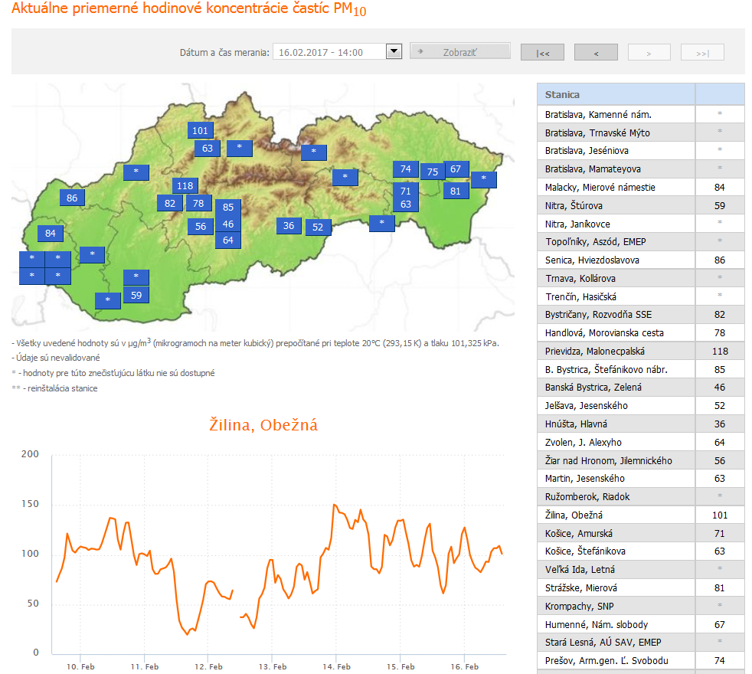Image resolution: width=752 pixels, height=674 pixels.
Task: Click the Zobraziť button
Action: click(459, 52)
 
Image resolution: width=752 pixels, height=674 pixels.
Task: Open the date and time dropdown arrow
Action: click(394, 52)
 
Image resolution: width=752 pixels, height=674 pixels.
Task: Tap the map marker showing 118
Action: click(185, 185)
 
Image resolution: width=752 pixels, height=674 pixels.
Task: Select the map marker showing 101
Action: click(200, 130)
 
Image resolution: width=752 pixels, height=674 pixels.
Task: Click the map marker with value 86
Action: click(72, 198)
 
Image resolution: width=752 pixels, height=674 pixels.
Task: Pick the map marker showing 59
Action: click(136, 295)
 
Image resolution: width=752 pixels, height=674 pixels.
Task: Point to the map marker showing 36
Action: click(289, 226)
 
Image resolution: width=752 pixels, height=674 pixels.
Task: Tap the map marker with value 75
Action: click(432, 172)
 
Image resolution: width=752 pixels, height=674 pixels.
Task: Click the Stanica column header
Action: click(562, 95)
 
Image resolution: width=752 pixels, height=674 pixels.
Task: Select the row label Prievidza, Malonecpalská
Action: click(595, 351)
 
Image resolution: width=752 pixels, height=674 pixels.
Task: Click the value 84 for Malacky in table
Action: click(719, 188)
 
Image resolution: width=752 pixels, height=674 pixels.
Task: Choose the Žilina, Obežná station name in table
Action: click(574, 515)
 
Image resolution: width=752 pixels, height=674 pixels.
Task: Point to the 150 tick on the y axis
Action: click(31, 505)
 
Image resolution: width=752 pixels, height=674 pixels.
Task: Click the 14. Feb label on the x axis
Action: click(337, 666)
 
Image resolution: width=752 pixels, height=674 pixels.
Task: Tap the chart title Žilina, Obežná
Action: click(263, 424)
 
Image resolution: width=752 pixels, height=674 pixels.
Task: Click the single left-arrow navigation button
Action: click(596, 53)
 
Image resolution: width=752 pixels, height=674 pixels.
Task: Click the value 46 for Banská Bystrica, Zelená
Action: click(719, 388)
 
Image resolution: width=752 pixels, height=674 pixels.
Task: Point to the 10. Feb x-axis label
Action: click(80, 666)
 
